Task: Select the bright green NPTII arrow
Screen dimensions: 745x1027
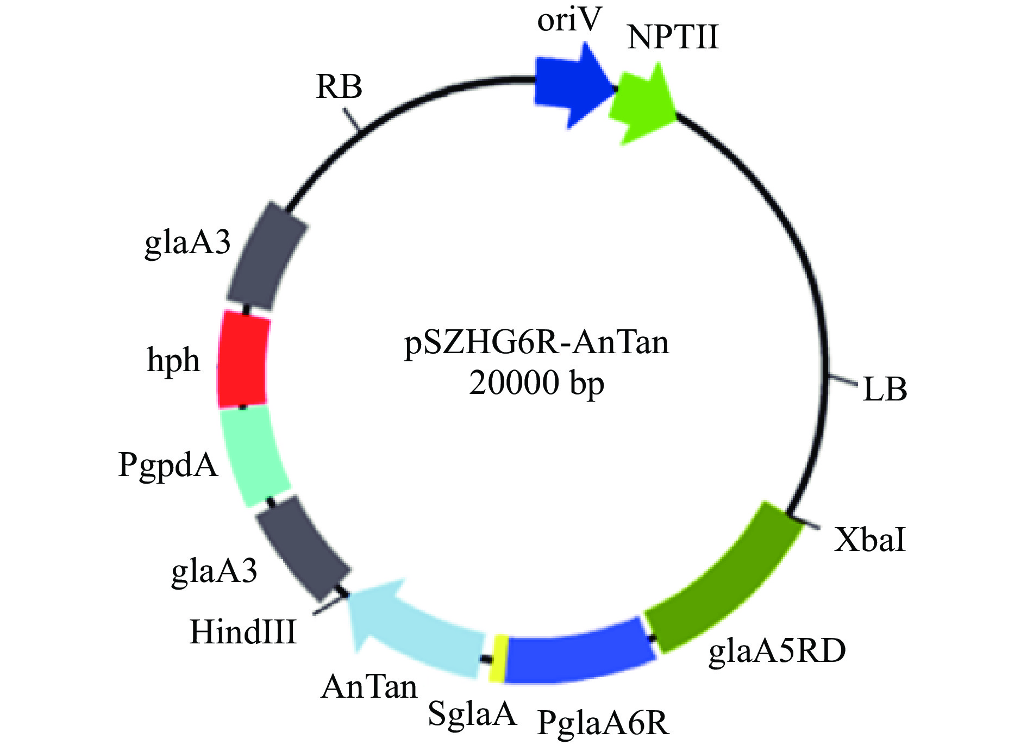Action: coord(641,106)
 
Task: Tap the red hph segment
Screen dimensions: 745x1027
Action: coord(243,359)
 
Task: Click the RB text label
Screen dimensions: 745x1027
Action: coord(339,87)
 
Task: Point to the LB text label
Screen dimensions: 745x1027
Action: coord(885,390)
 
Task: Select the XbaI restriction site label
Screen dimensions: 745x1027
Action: coord(869,540)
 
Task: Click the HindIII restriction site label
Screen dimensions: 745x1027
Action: coord(243,632)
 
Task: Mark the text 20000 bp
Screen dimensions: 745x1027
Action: coord(536,383)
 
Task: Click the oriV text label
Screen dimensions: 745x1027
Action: coord(569,20)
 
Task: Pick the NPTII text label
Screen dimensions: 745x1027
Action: coord(672,38)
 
